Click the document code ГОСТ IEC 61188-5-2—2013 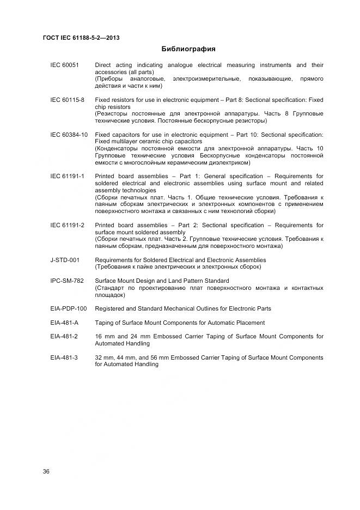[x=81, y=38]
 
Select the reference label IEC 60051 [x=65, y=65]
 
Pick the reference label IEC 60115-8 [x=68, y=100]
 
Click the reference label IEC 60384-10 [x=69, y=135]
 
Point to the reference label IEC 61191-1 [x=68, y=177]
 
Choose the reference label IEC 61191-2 [x=68, y=225]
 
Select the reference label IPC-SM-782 [x=67, y=281]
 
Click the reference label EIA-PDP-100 [x=69, y=308]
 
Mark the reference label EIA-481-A [x=65, y=323]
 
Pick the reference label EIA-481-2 [x=64, y=337]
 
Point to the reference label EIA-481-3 [x=64, y=357]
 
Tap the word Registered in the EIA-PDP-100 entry [x=109, y=308]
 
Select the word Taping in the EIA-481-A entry [x=104, y=323]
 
